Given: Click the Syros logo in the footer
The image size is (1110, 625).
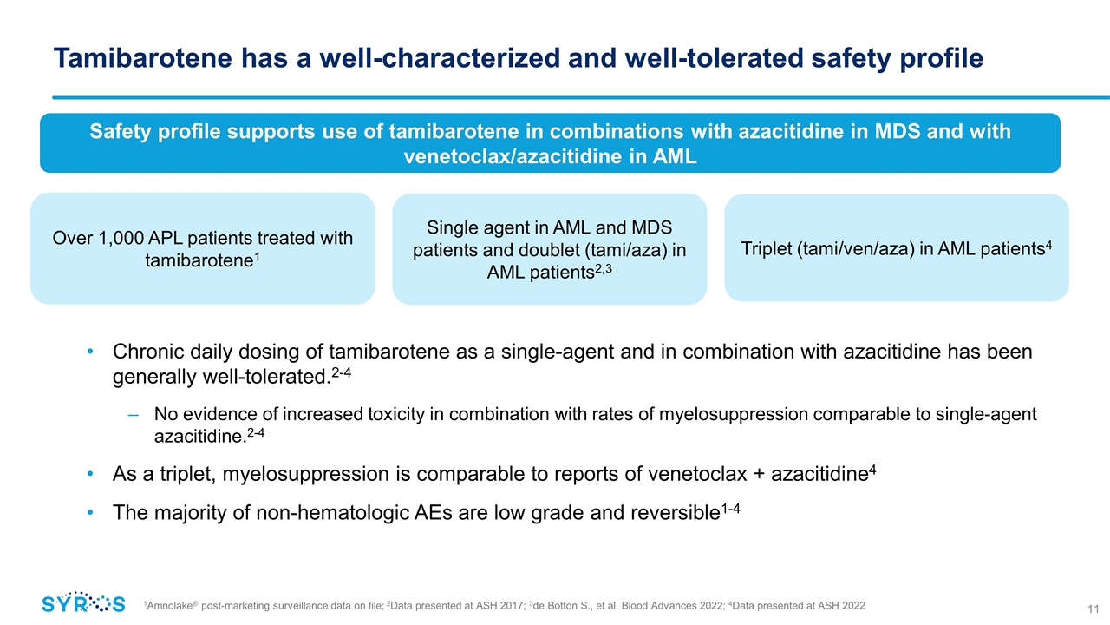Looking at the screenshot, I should point(83,603).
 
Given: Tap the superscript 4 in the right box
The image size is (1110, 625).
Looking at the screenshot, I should point(1048,243).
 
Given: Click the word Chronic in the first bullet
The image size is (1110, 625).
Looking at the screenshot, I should point(147,353).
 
